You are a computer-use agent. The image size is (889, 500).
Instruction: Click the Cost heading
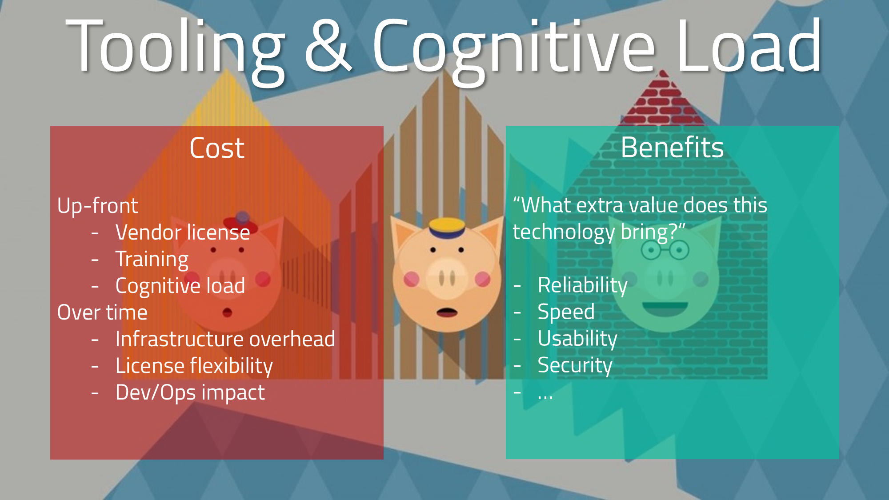(217, 148)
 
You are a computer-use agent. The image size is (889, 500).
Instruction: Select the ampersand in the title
(328, 46)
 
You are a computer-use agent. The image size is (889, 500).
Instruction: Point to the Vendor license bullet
(183, 232)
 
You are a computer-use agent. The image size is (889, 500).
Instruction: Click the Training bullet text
(152, 260)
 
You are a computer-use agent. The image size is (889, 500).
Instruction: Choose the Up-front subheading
(98, 206)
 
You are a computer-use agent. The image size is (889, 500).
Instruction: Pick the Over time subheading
(102, 312)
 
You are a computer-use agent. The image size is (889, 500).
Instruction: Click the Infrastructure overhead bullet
(225, 339)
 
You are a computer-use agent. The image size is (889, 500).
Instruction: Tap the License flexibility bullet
(194, 366)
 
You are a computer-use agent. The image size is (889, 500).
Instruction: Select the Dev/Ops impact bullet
(190, 392)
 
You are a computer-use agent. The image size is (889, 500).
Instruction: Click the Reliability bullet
(582, 285)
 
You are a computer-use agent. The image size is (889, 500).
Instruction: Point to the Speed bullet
(566, 312)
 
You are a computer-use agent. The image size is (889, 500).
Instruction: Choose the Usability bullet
(577, 339)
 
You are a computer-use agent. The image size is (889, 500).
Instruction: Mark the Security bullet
(575, 365)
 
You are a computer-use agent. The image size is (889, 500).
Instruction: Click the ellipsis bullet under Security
(545, 396)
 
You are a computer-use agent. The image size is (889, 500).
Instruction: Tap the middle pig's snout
(447, 279)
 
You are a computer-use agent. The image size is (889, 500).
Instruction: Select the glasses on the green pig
(665, 250)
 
